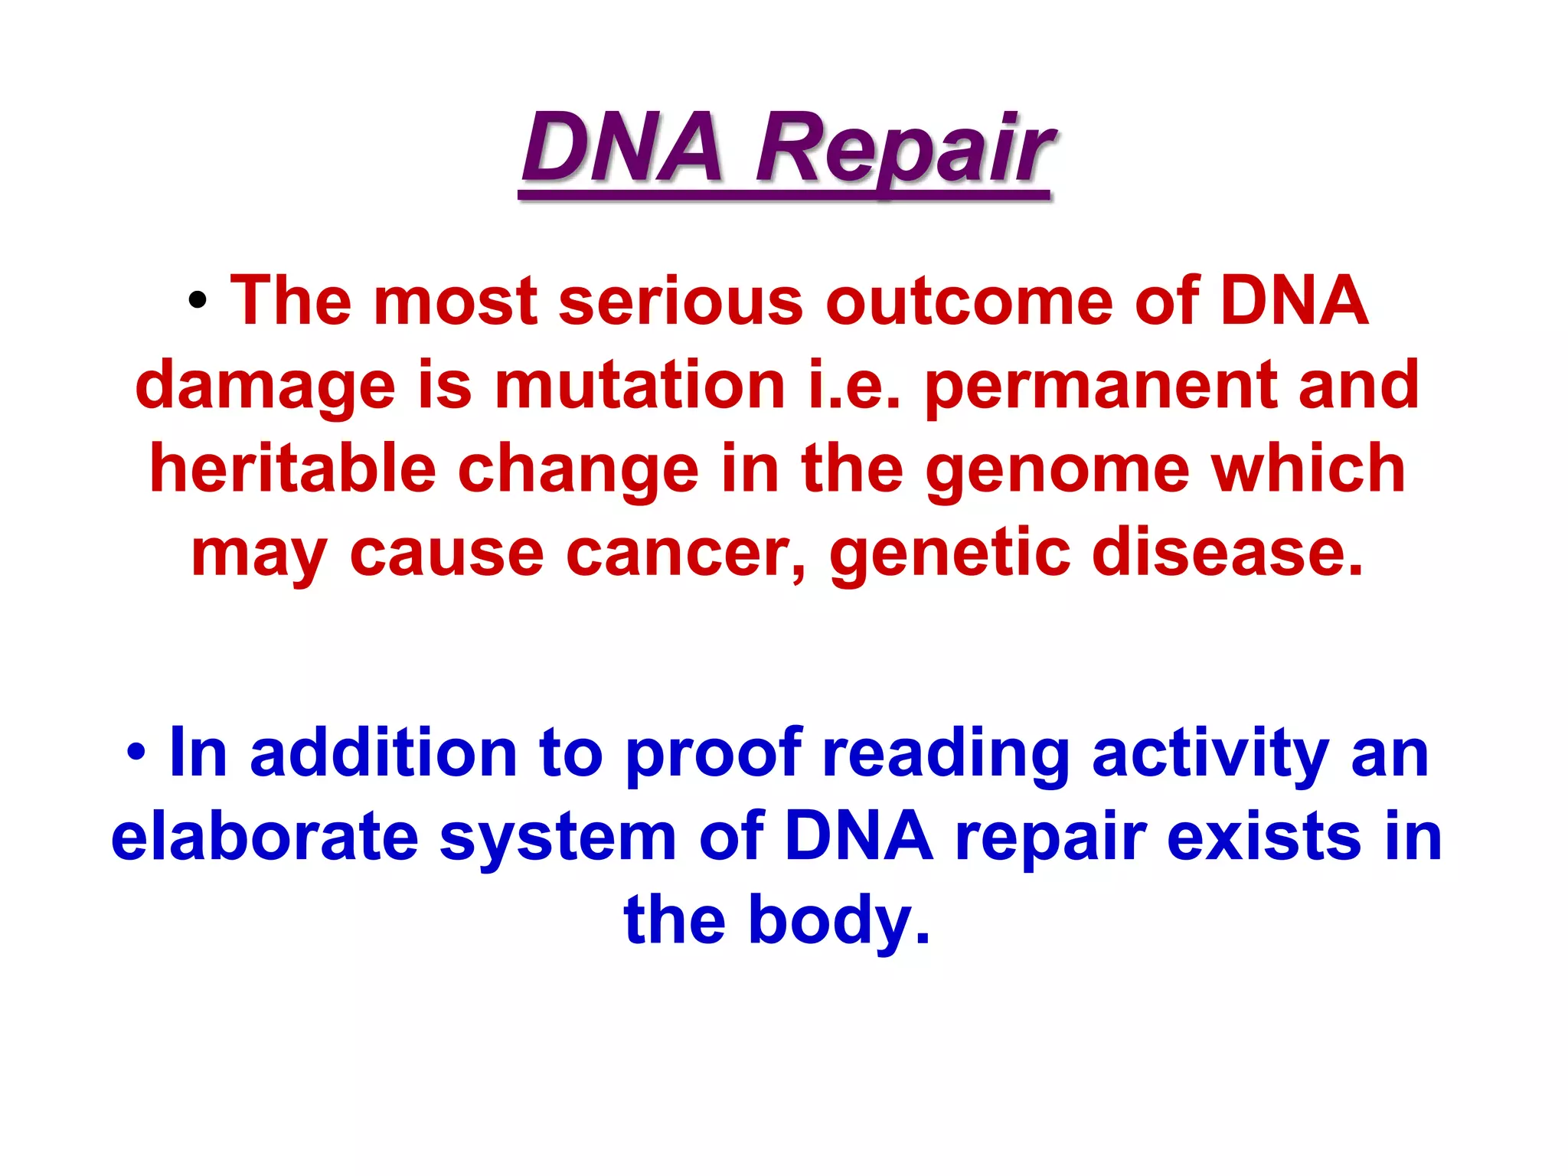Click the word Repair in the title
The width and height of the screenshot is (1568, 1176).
pos(903,149)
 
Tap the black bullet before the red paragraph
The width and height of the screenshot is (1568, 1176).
pos(198,301)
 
